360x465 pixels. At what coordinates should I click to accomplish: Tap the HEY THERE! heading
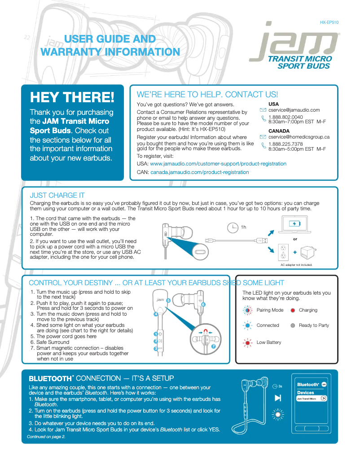[72, 97]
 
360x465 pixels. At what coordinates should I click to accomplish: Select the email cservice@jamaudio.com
[294, 110]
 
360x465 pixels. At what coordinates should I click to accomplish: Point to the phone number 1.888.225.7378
[285, 144]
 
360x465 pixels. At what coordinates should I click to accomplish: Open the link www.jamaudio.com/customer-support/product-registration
[218, 164]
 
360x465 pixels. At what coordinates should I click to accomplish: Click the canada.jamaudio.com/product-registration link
[199, 172]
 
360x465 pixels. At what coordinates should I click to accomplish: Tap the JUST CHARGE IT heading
[57, 196]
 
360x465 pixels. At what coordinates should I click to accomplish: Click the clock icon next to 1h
[233, 227]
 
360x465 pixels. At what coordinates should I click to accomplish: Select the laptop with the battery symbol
[294, 224]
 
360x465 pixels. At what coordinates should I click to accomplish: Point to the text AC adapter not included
[296, 265]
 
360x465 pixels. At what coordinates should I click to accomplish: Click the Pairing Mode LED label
[270, 310]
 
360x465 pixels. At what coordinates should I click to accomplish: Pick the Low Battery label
[269, 342]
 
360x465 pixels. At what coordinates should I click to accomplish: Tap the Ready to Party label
[314, 325]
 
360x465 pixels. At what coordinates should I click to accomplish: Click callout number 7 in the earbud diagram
[213, 347]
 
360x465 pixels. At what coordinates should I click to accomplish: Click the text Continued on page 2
[46, 437]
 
